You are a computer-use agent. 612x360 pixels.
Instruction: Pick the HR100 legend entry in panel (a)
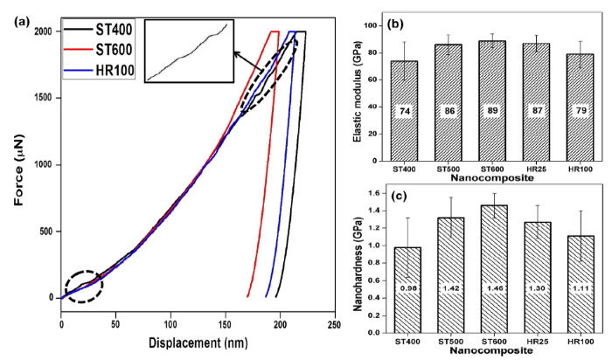click(x=110, y=70)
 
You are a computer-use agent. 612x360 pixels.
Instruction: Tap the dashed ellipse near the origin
click(x=83, y=285)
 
